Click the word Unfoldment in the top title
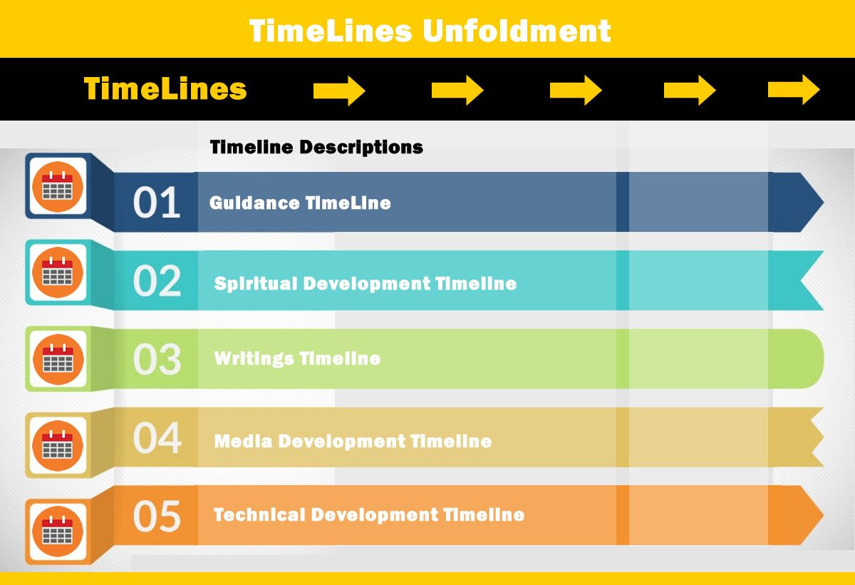pyautogui.click(x=517, y=31)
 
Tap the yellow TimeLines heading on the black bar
pyautogui.click(x=165, y=88)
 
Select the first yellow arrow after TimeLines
pyautogui.click(x=339, y=91)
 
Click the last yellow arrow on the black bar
pyautogui.click(x=794, y=89)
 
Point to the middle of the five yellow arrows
pyautogui.click(x=576, y=90)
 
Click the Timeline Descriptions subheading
pyautogui.click(x=316, y=147)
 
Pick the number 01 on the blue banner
pyautogui.click(x=157, y=202)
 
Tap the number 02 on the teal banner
pyautogui.click(x=157, y=280)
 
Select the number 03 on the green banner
pyautogui.click(x=157, y=359)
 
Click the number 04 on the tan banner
pyautogui.click(x=157, y=437)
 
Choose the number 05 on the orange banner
pyautogui.click(x=157, y=516)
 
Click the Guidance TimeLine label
pyautogui.click(x=300, y=203)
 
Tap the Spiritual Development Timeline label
pyautogui.click(x=366, y=284)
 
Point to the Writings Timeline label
pyautogui.click(x=297, y=359)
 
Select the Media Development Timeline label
pyautogui.click(x=353, y=442)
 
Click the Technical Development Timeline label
pyautogui.click(x=369, y=514)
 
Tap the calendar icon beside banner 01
pyautogui.click(x=58, y=187)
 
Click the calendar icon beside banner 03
pyautogui.click(x=58, y=359)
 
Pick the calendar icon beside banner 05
pyautogui.click(x=58, y=531)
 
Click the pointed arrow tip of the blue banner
pyautogui.click(x=823, y=202)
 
